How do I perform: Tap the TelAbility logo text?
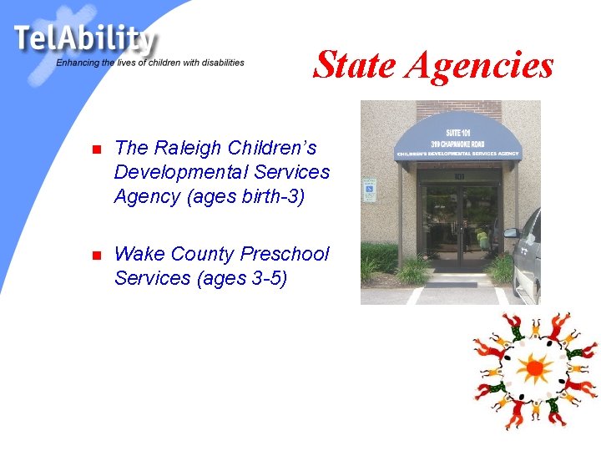click(x=84, y=38)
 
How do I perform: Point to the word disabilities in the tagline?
click(x=220, y=63)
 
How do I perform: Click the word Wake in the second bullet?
click(x=139, y=254)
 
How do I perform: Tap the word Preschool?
click(x=285, y=254)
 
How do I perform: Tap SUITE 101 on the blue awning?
click(x=460, y=131)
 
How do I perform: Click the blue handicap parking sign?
click(x=368, y=191)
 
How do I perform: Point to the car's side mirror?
click(x=511, y=234)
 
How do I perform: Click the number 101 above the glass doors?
click(x=460, y=176)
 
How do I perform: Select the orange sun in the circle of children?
click(x=533, y=367)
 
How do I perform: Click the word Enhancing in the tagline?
click(x=77, y=63)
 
